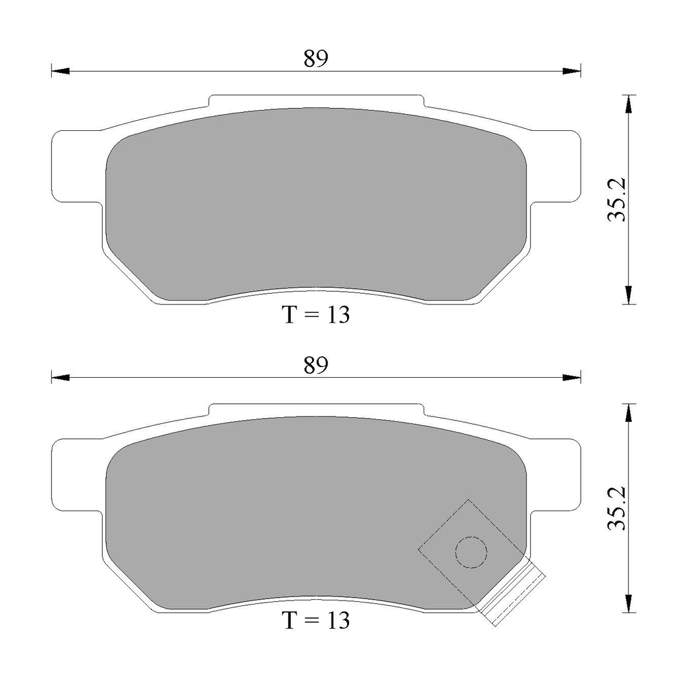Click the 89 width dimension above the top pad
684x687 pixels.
(x=315, y=59)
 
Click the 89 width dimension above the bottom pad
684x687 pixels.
(x=315, y=365)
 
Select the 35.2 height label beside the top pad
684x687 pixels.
(x=618, y=199)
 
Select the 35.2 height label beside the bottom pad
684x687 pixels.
(x=618, y=508)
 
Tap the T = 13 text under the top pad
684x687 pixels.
(x=315, y=315)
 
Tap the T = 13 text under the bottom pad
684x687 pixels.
(x=315, y=621)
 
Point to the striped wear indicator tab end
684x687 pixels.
(x=513, y=594)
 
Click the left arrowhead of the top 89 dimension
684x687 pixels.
(x=60, y=71)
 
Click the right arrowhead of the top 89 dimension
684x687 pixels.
(x=572, y=71)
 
